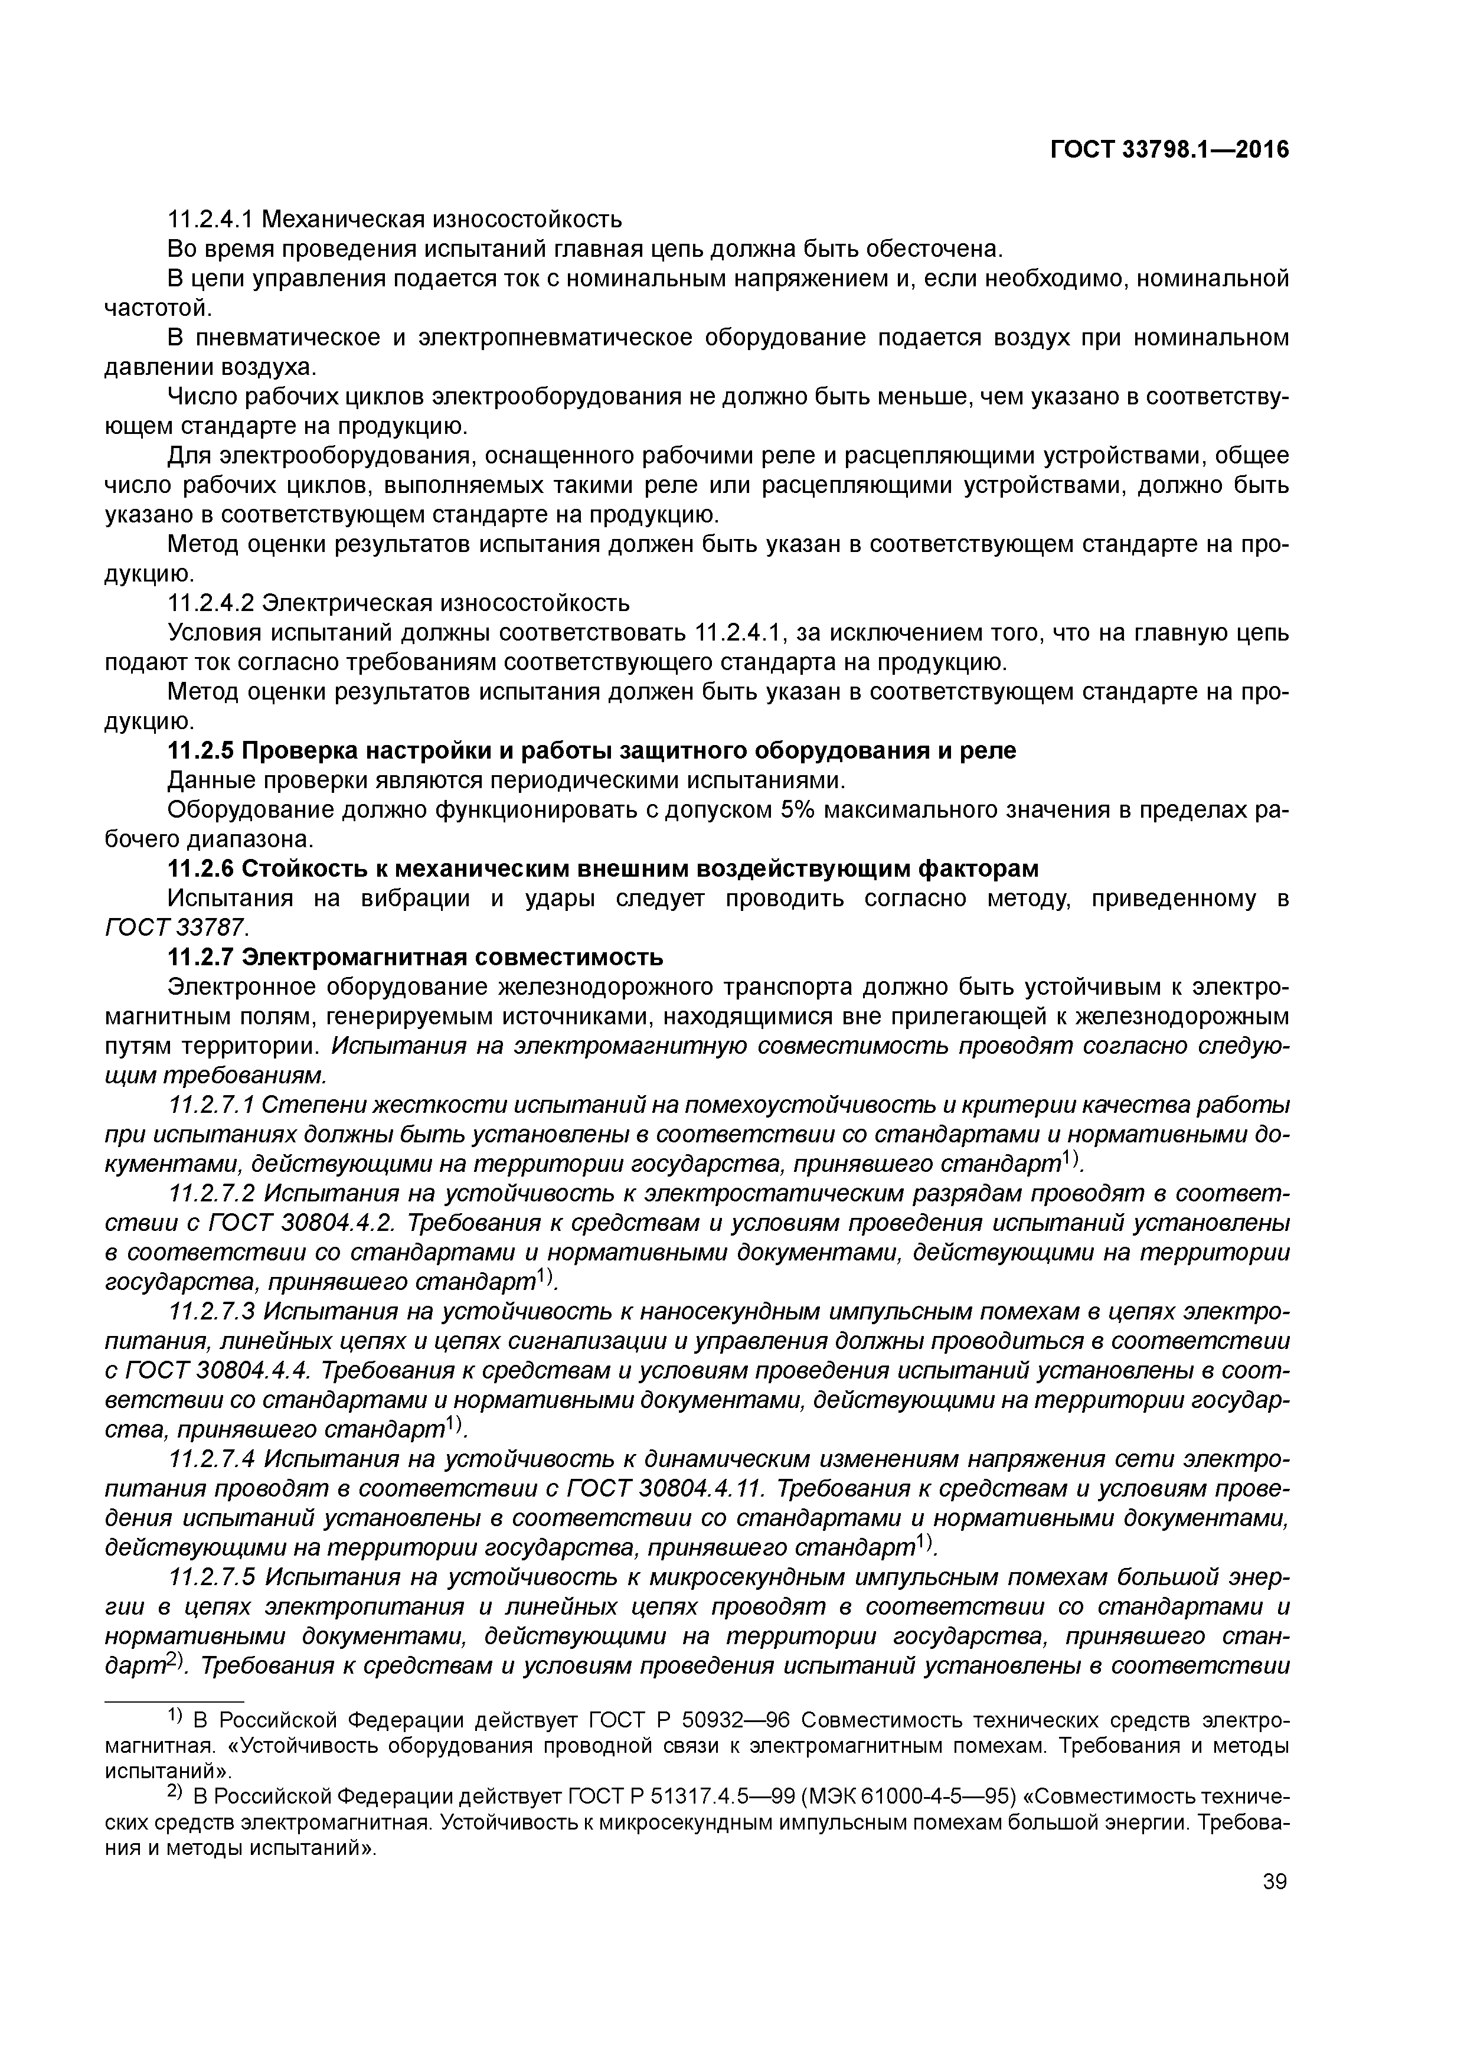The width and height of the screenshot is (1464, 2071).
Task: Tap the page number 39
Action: [x=1275, y=1906]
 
